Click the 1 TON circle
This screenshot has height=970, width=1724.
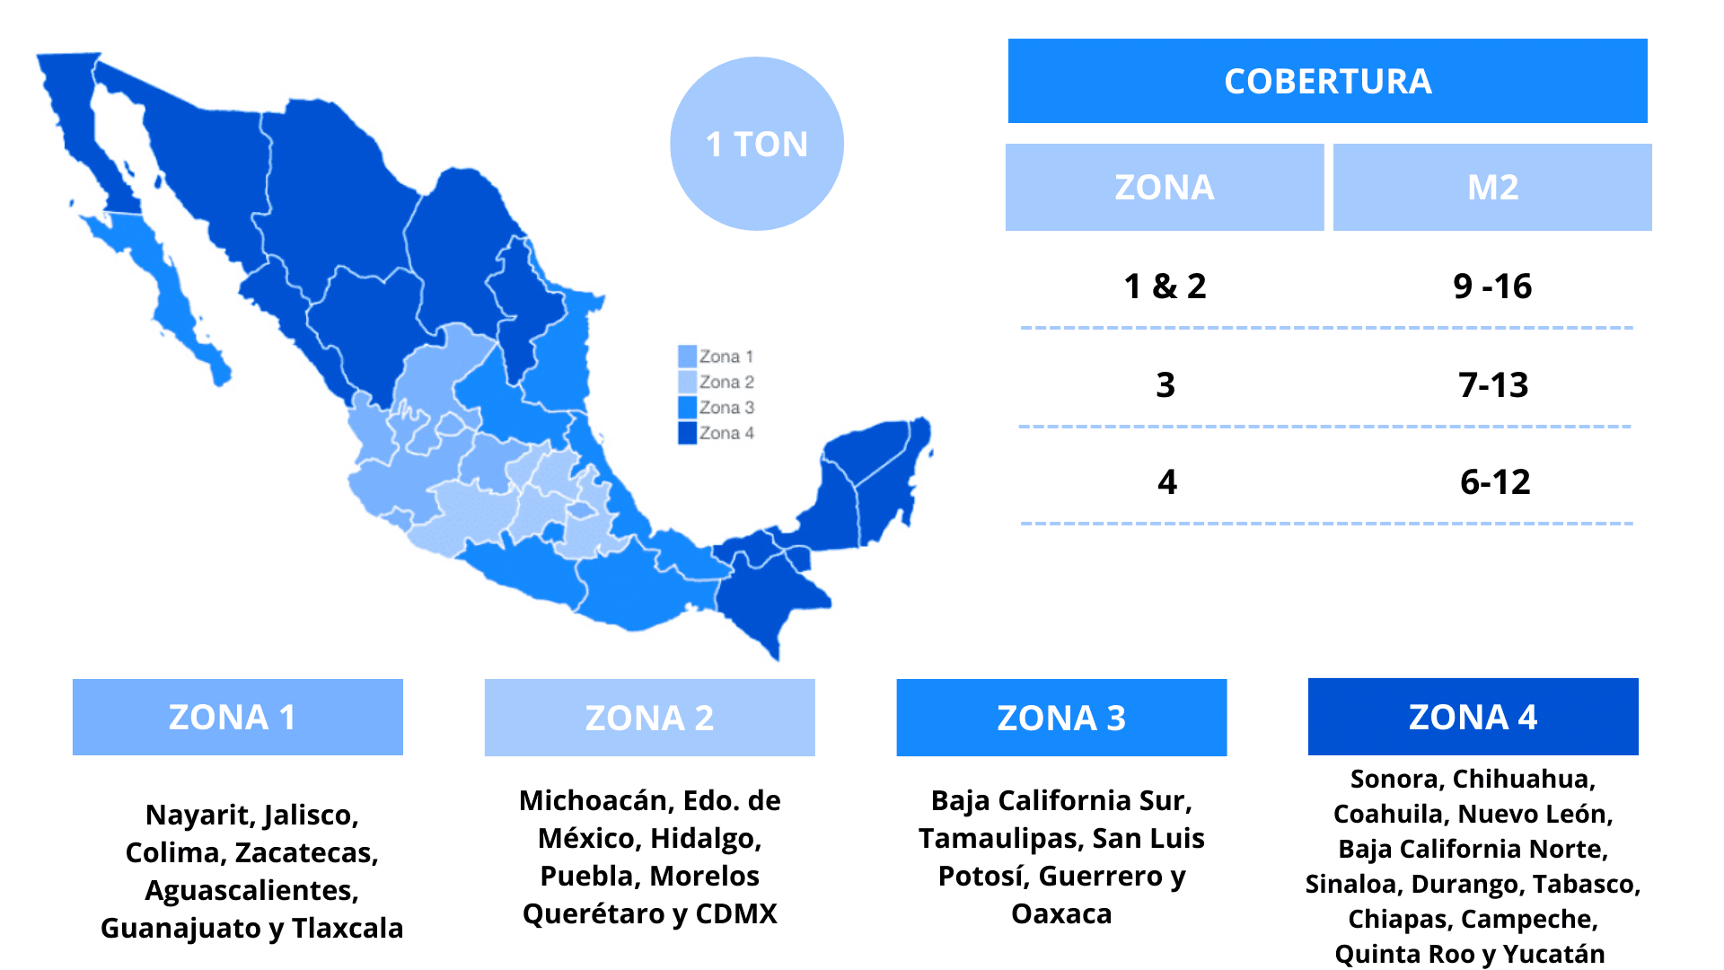(756, 144)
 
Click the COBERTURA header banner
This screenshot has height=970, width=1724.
(1327, 81)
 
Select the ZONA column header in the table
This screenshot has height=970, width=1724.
(1164, 187)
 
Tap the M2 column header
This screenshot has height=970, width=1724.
(1491, 187)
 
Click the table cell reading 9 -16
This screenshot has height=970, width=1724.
(1491, 287)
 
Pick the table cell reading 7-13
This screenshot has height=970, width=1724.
(1492, 385)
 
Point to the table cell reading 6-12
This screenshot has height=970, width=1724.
(1494, 482)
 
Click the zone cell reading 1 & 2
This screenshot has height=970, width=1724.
(1165, 287)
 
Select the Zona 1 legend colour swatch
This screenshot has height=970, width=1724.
(687, 357)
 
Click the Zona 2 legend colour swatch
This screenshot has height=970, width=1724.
(687, 382)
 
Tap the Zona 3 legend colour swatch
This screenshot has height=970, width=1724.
(687, 407)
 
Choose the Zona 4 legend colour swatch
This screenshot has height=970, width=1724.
(687, 433)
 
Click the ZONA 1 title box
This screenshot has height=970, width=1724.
(237, 717)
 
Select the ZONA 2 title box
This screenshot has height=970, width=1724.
(649, 718)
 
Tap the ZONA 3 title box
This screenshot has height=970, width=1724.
(1061, 718)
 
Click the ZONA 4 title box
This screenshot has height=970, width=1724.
(1473, 717)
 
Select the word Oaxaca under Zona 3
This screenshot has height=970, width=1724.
(1061, 913)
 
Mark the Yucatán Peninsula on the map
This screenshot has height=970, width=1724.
(871, 476)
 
